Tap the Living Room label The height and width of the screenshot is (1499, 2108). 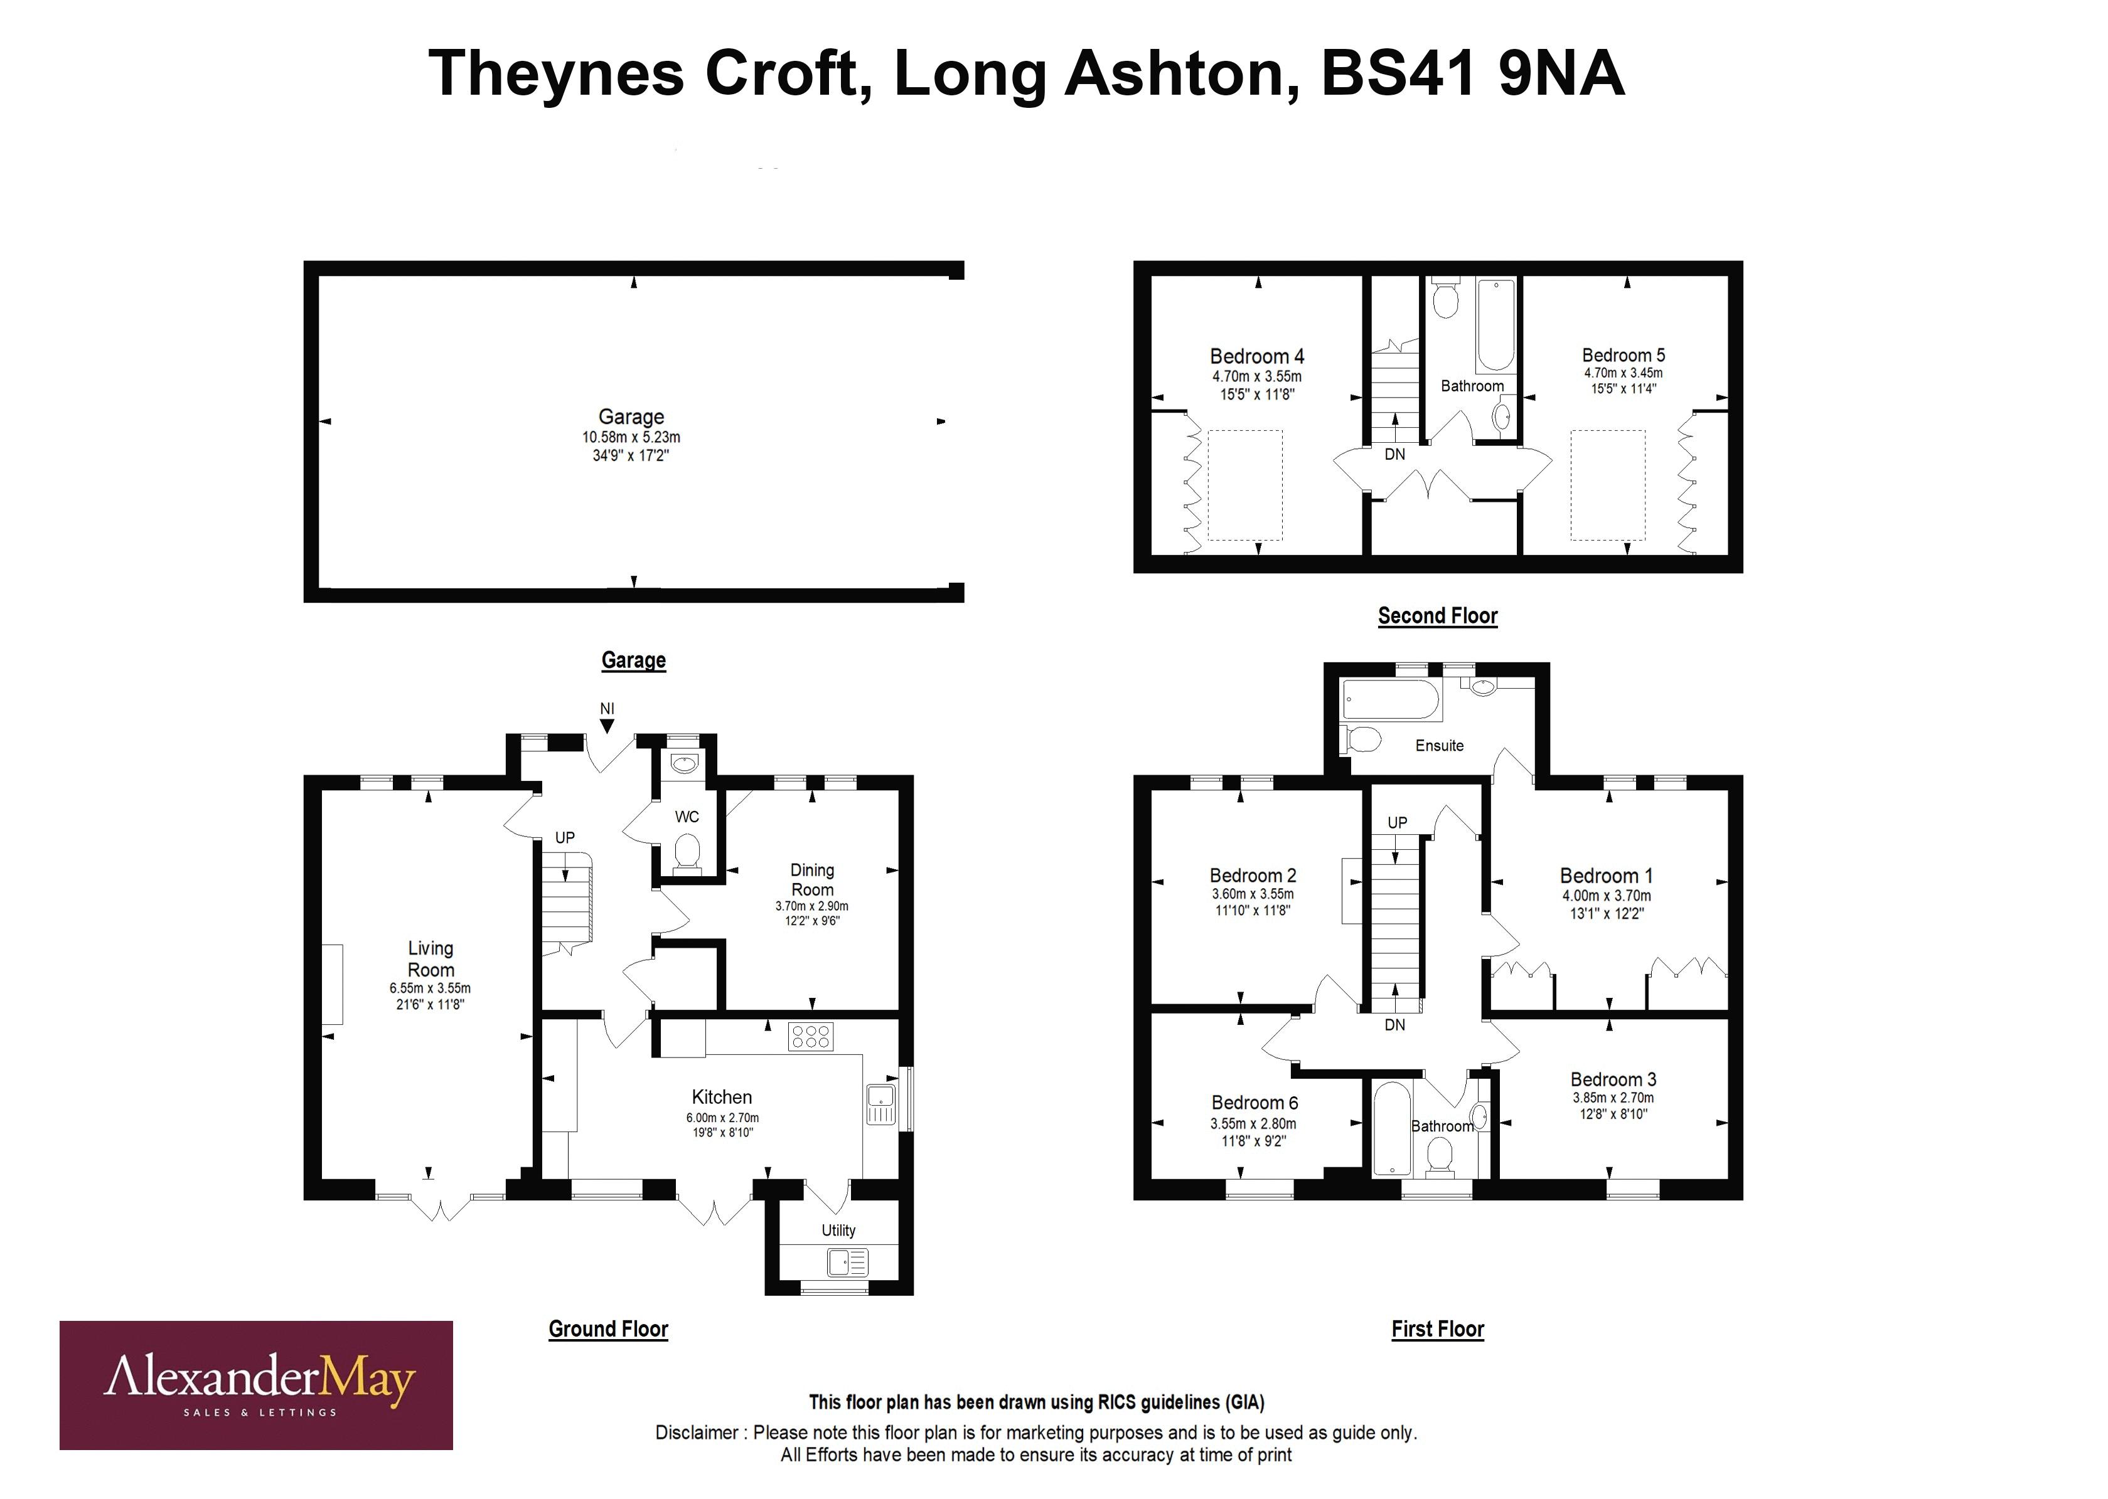[431, 958]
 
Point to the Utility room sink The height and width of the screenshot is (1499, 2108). [846, 1262]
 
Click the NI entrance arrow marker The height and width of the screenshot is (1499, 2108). [607, 726]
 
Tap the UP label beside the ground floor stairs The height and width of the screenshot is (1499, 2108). [564, 837]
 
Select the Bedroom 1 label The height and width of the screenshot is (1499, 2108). [1606, 875]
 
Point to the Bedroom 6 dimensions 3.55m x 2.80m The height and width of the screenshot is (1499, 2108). [1253, 1123]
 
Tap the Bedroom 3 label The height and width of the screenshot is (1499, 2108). [1613, 1079]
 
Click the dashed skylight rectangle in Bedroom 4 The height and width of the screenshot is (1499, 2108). [1244, 485]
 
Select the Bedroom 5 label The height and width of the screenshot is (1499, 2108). [1624, 356]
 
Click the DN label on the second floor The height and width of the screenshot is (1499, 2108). [1394, 454]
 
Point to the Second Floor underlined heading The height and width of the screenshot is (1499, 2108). [1437, 616]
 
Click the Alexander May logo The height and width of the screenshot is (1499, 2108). [256, 1385]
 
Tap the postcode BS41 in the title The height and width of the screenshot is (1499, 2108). [1397, 74]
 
